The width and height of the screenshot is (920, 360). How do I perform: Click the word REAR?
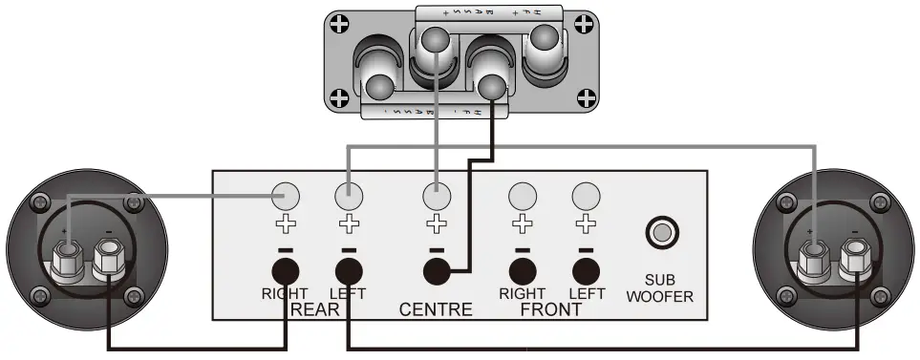click(x=314, y=309)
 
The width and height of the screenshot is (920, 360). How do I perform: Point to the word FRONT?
click(x=550, y=309)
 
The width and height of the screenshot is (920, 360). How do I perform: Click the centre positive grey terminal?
click(x=437, y=196)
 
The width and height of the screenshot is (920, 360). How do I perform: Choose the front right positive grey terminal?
click(x=521, y=196)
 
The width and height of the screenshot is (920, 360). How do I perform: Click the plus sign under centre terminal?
click(x=437, y=225)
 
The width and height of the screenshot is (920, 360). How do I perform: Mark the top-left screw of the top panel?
click(x=338, y=21)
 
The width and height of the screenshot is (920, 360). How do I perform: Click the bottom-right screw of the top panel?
click(x=588, y=96)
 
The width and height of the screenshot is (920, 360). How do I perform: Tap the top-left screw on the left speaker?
click(x=40, y=203)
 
